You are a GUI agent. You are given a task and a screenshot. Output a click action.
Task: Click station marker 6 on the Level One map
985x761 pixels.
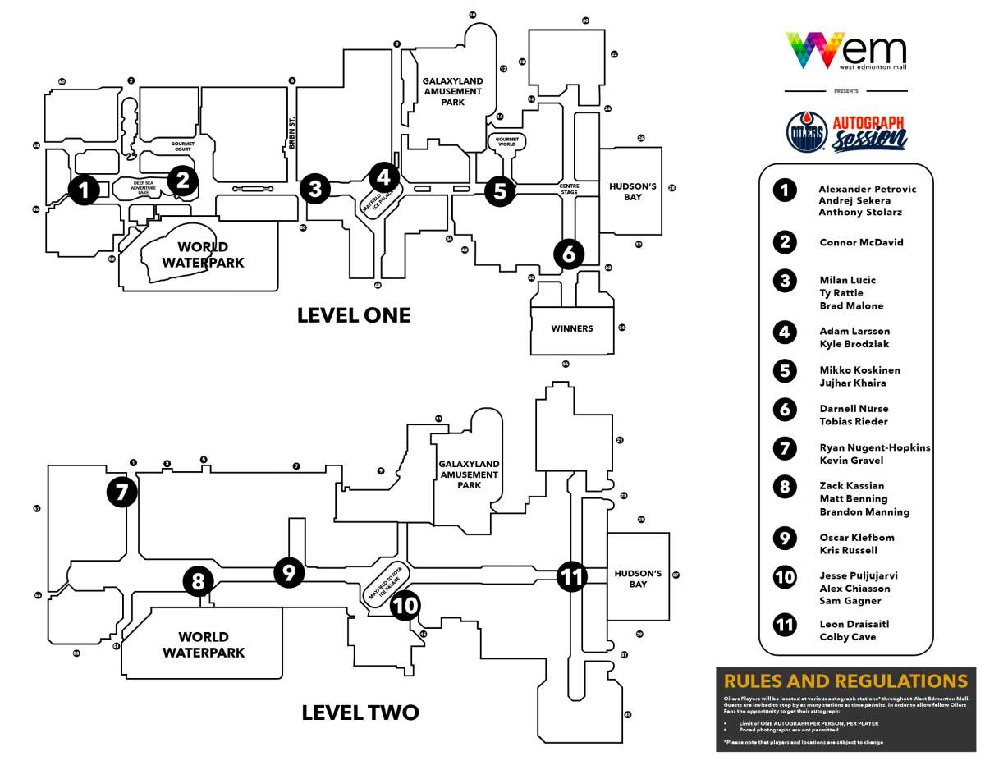pos(569,254)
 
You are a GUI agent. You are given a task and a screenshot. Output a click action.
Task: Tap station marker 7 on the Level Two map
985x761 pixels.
pos(121,493)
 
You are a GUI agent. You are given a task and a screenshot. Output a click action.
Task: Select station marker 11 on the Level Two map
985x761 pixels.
pos(571,576)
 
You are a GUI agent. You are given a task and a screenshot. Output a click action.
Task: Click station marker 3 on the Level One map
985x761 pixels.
pos(315,189)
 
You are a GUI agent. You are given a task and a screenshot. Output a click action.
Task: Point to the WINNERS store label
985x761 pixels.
pos(572,328)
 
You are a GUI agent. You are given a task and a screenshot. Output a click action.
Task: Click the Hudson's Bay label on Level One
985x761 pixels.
pos(632,191)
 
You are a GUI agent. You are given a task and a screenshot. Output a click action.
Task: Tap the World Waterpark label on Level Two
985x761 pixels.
pos(204,644)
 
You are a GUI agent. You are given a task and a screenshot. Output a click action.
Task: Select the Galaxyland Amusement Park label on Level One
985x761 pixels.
pos(453,91)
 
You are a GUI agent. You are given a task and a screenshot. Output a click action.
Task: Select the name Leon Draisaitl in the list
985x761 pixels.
pos(854,624)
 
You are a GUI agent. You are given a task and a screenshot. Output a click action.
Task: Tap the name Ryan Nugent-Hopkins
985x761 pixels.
pos(874,447)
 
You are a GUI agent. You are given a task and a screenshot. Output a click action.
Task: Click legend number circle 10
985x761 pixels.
pos(786,576)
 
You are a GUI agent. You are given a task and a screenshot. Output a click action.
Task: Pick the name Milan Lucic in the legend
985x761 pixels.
pos(847,280)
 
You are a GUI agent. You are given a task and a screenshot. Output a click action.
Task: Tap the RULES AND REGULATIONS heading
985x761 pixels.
pos(845,681)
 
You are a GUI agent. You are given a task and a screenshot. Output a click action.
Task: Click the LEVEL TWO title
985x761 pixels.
pos(360,713)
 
